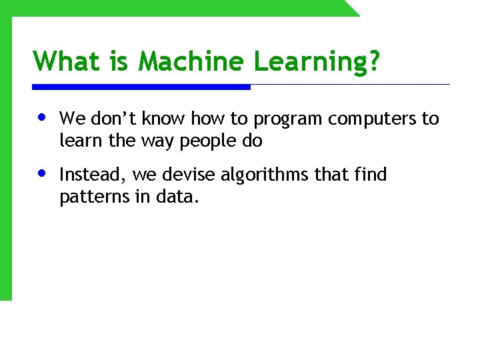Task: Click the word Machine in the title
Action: pos(192,61)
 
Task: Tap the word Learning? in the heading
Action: pos(317,63)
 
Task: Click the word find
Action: pos(370,175)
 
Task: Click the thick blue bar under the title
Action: pos(141,87)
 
